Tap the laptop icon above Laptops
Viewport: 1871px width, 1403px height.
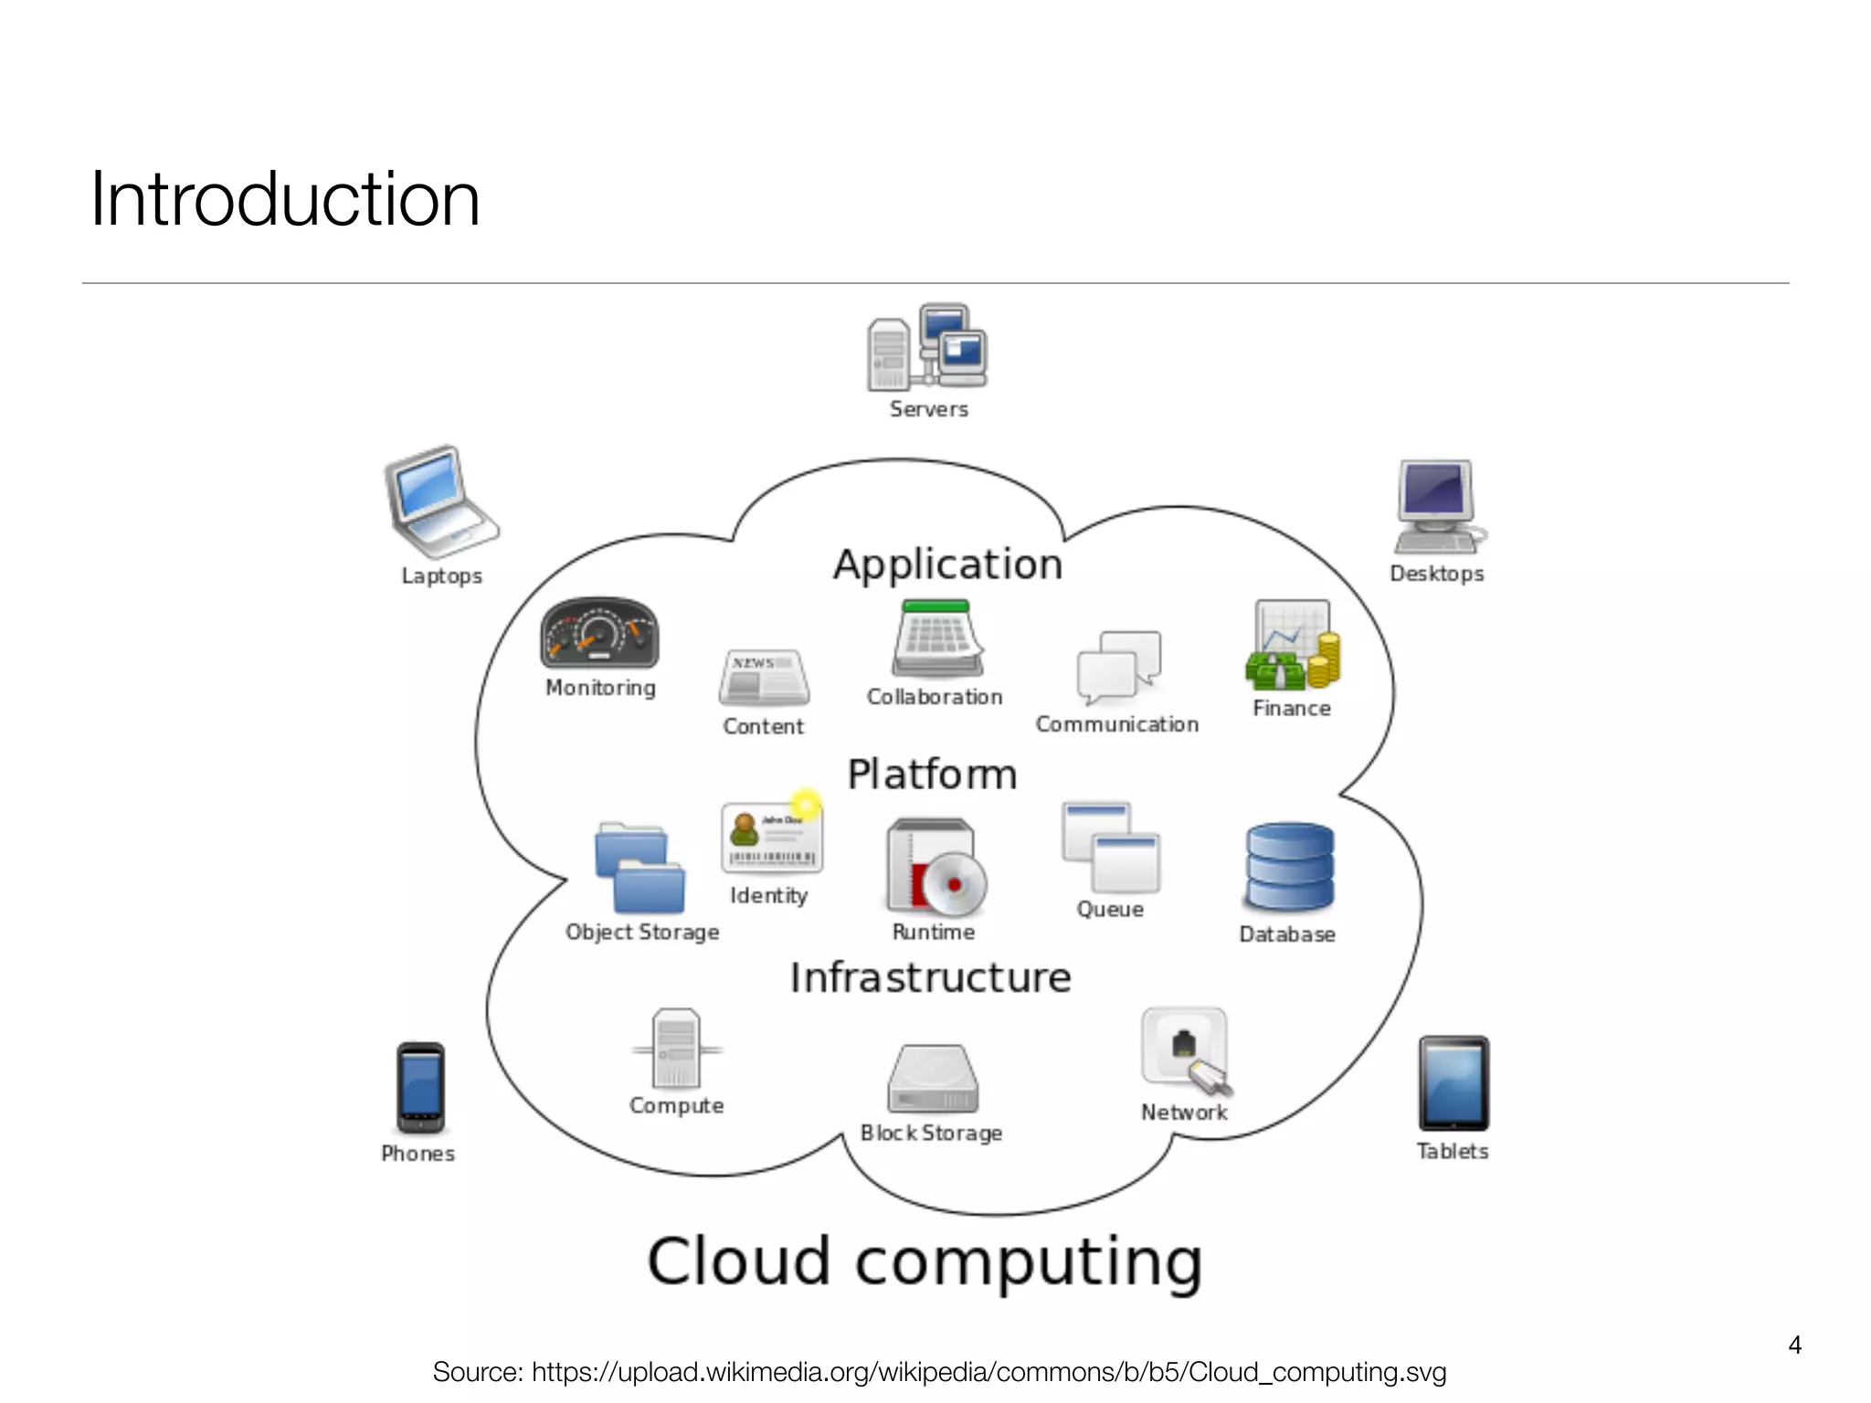click(439, 501)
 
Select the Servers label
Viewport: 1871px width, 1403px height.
click(928, 409)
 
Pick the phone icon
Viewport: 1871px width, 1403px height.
click(420, 1088)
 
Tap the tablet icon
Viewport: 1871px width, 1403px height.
click(1453, 1084)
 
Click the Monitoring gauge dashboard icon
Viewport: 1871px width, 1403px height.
click(599, 633)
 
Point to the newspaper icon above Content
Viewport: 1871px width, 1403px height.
click(764, 678)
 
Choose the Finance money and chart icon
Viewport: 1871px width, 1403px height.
click(1292, 646)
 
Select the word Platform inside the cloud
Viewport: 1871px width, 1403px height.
click(932, 775)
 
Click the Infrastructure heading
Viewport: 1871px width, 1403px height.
click(930, 977)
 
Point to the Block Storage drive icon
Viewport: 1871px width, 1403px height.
click(933, 1080)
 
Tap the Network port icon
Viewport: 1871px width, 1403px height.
click(1185, 1050)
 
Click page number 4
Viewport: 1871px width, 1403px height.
click(1794, 1345)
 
